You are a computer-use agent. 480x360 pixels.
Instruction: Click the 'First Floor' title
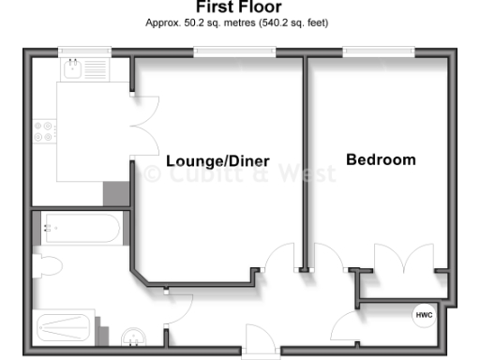tap(238, 7)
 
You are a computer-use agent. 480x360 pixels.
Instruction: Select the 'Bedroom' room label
tap(381, 159)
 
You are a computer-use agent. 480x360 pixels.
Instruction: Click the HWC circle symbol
tap(424, 316)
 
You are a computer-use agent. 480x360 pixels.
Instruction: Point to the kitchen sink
tap(73, 69)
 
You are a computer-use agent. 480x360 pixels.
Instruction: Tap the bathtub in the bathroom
tap(81, 227)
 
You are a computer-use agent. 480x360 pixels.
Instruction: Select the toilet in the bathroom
tap(45, 267)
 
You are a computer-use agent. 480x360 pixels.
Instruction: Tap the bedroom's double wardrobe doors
tap(405, 258)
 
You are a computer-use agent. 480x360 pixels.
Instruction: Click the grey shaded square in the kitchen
tap(114, 193)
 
